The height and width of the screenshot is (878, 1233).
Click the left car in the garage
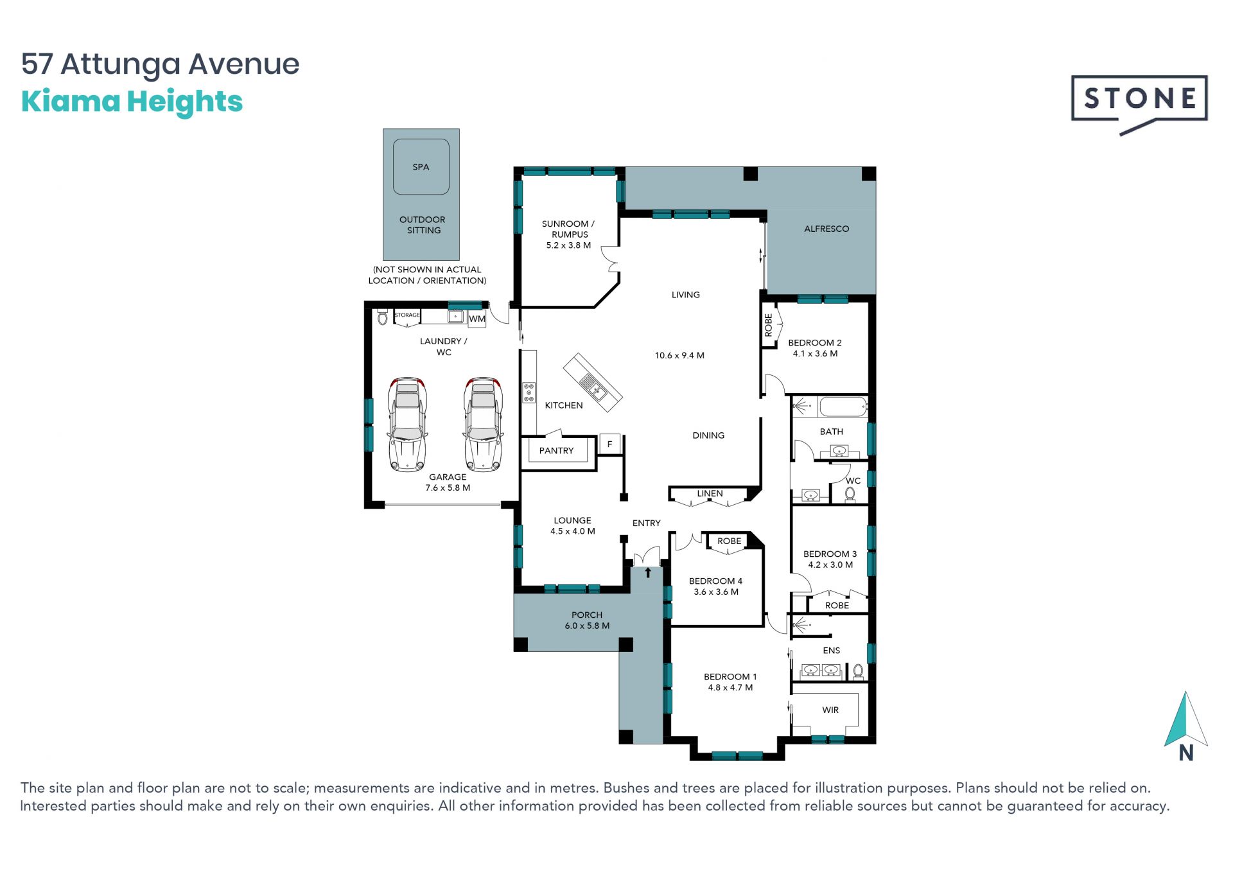tap(407, 425)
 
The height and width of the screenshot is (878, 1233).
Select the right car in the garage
tap(483, 425)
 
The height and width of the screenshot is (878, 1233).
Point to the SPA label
tap(421, 167)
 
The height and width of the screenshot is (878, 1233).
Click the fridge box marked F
tap(609, 444)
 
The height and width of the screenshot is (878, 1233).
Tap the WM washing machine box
tap(477, 319)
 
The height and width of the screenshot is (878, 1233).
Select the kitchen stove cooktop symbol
tap(529, 392)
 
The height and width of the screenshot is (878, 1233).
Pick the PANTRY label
tap(556, 451)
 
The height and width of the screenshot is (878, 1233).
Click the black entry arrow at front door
tap(647, 572)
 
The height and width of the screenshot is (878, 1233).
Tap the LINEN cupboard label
tap(710, 493)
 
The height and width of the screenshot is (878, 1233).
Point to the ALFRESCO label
tap(826, 229)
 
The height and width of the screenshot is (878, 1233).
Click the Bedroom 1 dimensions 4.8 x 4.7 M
tap(730, 687)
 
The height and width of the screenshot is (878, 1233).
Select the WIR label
tap(830, 710)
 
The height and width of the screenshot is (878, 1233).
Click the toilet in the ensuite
tap(858, 672)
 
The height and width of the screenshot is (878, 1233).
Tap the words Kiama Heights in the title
tap(132, 102)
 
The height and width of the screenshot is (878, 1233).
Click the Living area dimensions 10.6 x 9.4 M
tap(679, 355)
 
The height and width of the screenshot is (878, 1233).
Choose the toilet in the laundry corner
tap(383, 317)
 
